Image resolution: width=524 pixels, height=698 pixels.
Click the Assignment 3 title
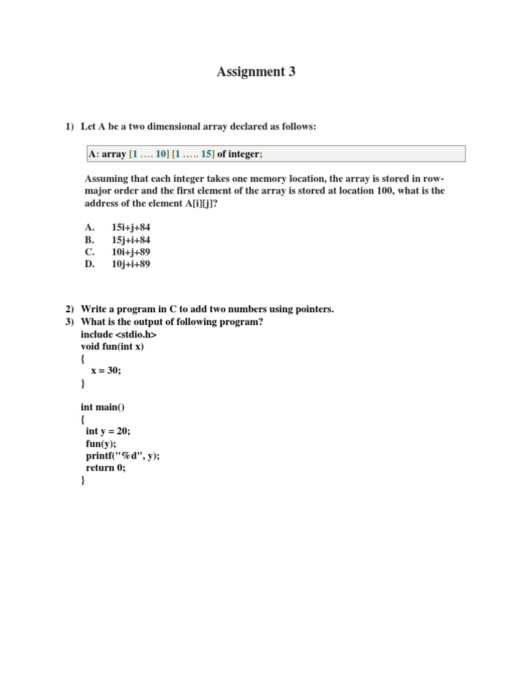click(257, 72)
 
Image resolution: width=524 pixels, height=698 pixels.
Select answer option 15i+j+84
click(130, 228)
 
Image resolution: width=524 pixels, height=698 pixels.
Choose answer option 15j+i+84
click(130, 240)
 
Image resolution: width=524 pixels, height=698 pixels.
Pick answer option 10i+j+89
click(130, 252)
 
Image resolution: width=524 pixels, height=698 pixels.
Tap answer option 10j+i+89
click(130, 264)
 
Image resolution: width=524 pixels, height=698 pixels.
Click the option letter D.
click(89, 264)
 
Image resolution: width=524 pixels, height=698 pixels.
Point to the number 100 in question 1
click(384, 191)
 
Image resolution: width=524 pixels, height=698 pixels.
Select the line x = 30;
click(106, 371)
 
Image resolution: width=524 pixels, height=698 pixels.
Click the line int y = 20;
click(108, 431)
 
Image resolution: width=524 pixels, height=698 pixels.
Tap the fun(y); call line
click(101, 444)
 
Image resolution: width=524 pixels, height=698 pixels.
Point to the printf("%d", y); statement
click(123, 456)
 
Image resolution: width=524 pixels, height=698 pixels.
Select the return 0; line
click(106, 468)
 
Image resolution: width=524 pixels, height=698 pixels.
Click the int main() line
click(102, 407)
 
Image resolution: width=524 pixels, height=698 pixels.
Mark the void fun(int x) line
click(112, 346)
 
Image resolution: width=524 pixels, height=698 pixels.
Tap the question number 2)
click(69, 309)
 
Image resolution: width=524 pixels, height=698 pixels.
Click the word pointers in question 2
click(313, 309)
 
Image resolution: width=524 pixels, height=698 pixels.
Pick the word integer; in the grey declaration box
click(245, 154)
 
